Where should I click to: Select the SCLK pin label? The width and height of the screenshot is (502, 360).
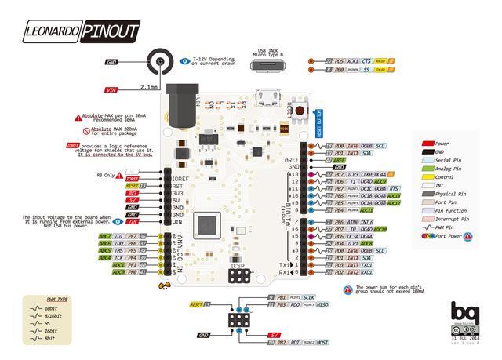click(x=309, y=297)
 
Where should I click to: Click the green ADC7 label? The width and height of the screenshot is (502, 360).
click(x=105, y=235)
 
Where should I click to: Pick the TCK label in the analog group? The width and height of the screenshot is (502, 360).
click(x=119, y=257)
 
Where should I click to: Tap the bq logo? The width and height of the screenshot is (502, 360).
click(x=463, y=313)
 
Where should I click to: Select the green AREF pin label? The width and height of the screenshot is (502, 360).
click(x=340, y=160)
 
